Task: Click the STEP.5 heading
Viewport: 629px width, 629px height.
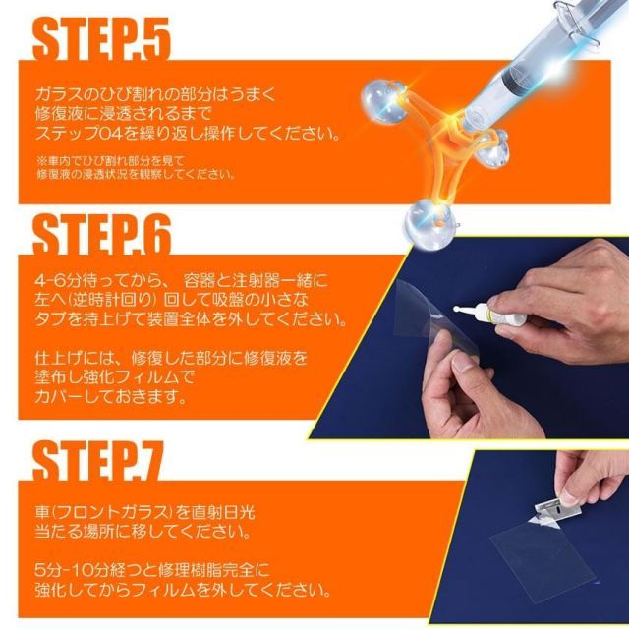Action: pyautogui.click(x=102, y=39)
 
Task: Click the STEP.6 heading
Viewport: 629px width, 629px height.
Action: pyautogui.click(x=102, y=234)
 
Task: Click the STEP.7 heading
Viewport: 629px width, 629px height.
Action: pyautogui.click(x=98, y=460)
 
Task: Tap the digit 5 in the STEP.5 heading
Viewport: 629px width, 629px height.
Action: pyautogui.click(x=156, y=39)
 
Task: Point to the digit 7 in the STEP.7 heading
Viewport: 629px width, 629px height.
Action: pyautogui.click(x=149, y=460)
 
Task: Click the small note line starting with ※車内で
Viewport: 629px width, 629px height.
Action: pyautogui.click(x=110, y=161)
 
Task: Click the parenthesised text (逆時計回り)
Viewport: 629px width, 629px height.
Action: pyautogui.click(x=108, y=300)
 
